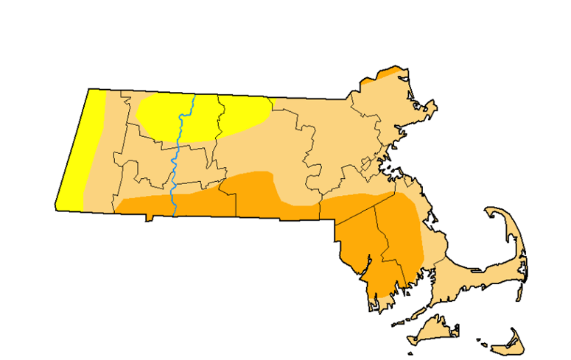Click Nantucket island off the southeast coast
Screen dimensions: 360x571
(507, 341)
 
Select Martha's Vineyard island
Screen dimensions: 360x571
(431, 330)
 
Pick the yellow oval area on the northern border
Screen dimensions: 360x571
(203, 116)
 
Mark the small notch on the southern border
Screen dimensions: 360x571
(149, 218)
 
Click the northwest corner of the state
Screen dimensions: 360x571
(90, 90)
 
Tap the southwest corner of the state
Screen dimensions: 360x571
(57, 208)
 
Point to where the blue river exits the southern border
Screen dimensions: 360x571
(175, 216)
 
